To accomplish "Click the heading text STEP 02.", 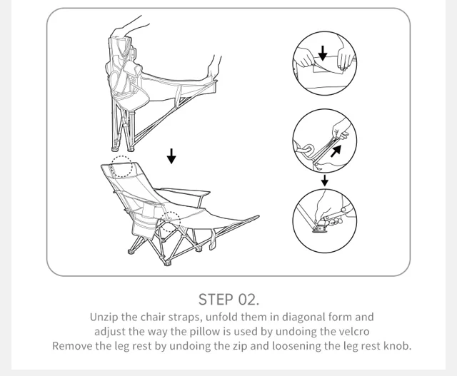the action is (x=228, y=300).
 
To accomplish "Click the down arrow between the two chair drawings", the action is (x=171, y=156).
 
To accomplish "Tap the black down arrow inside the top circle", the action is (x=323, y=53).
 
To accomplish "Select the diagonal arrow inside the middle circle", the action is (x=336, y=151).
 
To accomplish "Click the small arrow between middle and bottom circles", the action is (x=325, y=181).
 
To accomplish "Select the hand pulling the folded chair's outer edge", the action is (x=214, y=68).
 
